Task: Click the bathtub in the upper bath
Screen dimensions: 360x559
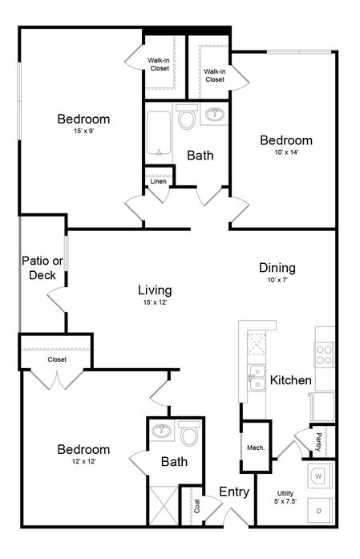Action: click(x=159, y=133)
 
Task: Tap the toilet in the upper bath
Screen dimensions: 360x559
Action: click(x=187, y=117)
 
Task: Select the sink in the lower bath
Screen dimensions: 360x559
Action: click(x=162, y=431)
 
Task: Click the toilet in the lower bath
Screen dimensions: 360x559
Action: click(x=189, y=433)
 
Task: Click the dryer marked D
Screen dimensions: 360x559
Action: click(x=319, y=511)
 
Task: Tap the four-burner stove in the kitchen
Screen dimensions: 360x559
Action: click(x=324, y=354)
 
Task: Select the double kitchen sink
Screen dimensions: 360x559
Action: click(x=257, y=378)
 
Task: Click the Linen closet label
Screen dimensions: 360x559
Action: click(x=158, y=181)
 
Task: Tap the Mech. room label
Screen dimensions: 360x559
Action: click(x=256, y=448)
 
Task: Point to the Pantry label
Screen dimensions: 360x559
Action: click(x=318, y=442)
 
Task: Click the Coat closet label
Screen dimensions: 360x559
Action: click(x=197, y=506)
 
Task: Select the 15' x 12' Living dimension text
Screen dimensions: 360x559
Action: click(x=155, y=302)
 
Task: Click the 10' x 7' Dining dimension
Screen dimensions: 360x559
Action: click(x=277, y=280)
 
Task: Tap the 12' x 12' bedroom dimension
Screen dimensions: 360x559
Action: click(x=83, y=461)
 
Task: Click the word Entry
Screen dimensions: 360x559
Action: click(x=234, y=492)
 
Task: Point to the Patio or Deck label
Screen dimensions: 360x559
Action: click(x=42, y=268)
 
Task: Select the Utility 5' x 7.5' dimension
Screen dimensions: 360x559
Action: click(x=285, y=501)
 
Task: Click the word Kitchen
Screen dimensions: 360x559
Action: click(x=291, y=380)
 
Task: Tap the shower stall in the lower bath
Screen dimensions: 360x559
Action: click(x=163, y=505)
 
